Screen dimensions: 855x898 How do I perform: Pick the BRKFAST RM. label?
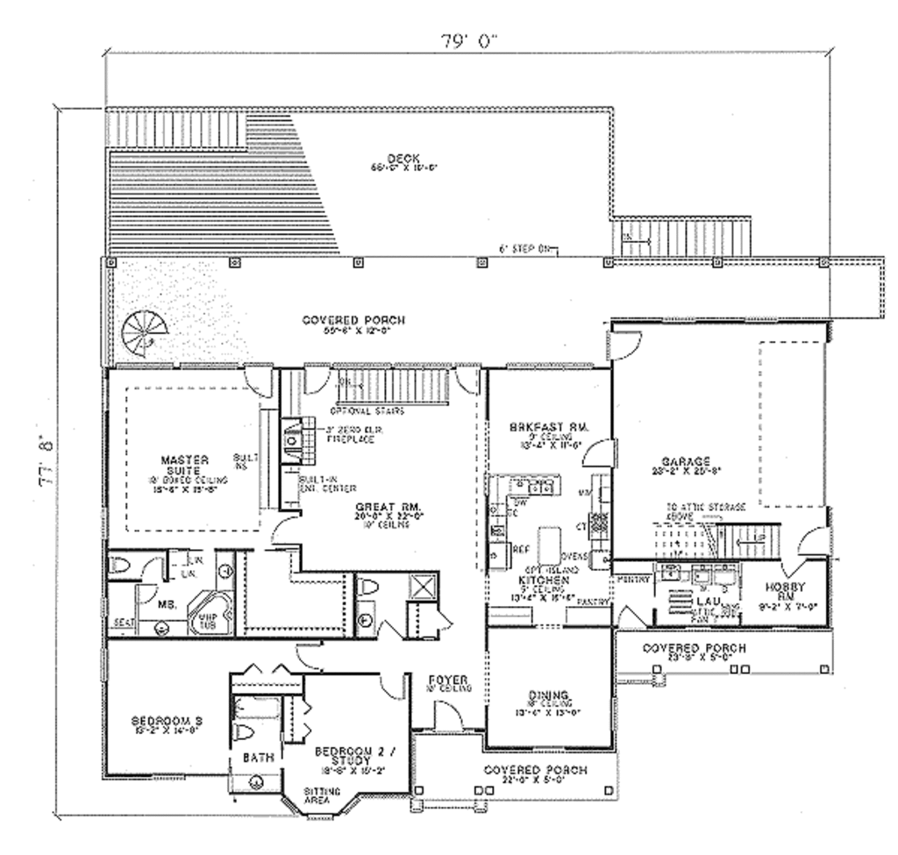point(547,427)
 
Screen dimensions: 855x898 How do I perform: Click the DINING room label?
point(550,695)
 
